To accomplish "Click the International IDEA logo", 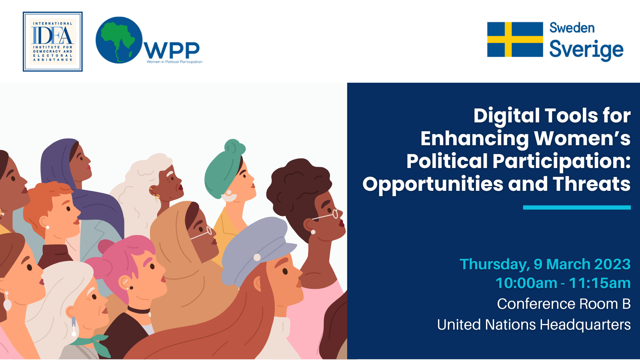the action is (x=52, y=42).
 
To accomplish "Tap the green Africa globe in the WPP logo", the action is (x=119, y=40).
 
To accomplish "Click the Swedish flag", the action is (x=515, y=40).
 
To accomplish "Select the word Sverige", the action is (x=586, y=50).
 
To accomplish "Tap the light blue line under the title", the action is (x=577, y=208).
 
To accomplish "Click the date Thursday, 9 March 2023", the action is (x=545, y=264).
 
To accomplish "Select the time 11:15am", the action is (x=600, y=283).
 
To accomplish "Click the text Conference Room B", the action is (x=564, y=304).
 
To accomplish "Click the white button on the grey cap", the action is (x=257, y=258).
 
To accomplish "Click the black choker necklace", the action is (x=139, y=310).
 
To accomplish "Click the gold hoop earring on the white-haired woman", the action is (x=156, y=196).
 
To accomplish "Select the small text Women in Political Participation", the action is (x=174, y=62).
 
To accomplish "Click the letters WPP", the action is (x=172, y=50).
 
